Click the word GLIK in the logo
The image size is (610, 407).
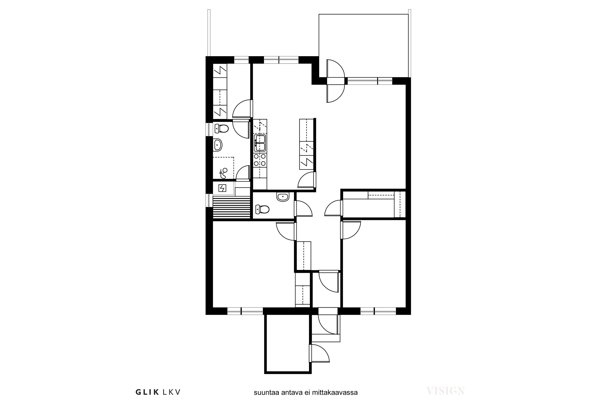147,392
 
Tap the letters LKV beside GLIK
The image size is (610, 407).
171,392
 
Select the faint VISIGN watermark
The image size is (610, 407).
446,391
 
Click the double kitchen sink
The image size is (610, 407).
260,143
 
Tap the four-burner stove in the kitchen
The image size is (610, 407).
260,160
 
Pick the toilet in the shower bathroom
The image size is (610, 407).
221,128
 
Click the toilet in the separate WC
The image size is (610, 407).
262,209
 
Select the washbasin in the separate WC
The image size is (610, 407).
283,197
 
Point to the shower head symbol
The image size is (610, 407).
223,173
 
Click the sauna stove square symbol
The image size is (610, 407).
222,188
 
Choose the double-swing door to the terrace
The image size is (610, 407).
336,81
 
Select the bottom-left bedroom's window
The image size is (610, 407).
245,311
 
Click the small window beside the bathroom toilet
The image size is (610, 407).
209,129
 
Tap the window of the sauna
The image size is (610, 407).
209,200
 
